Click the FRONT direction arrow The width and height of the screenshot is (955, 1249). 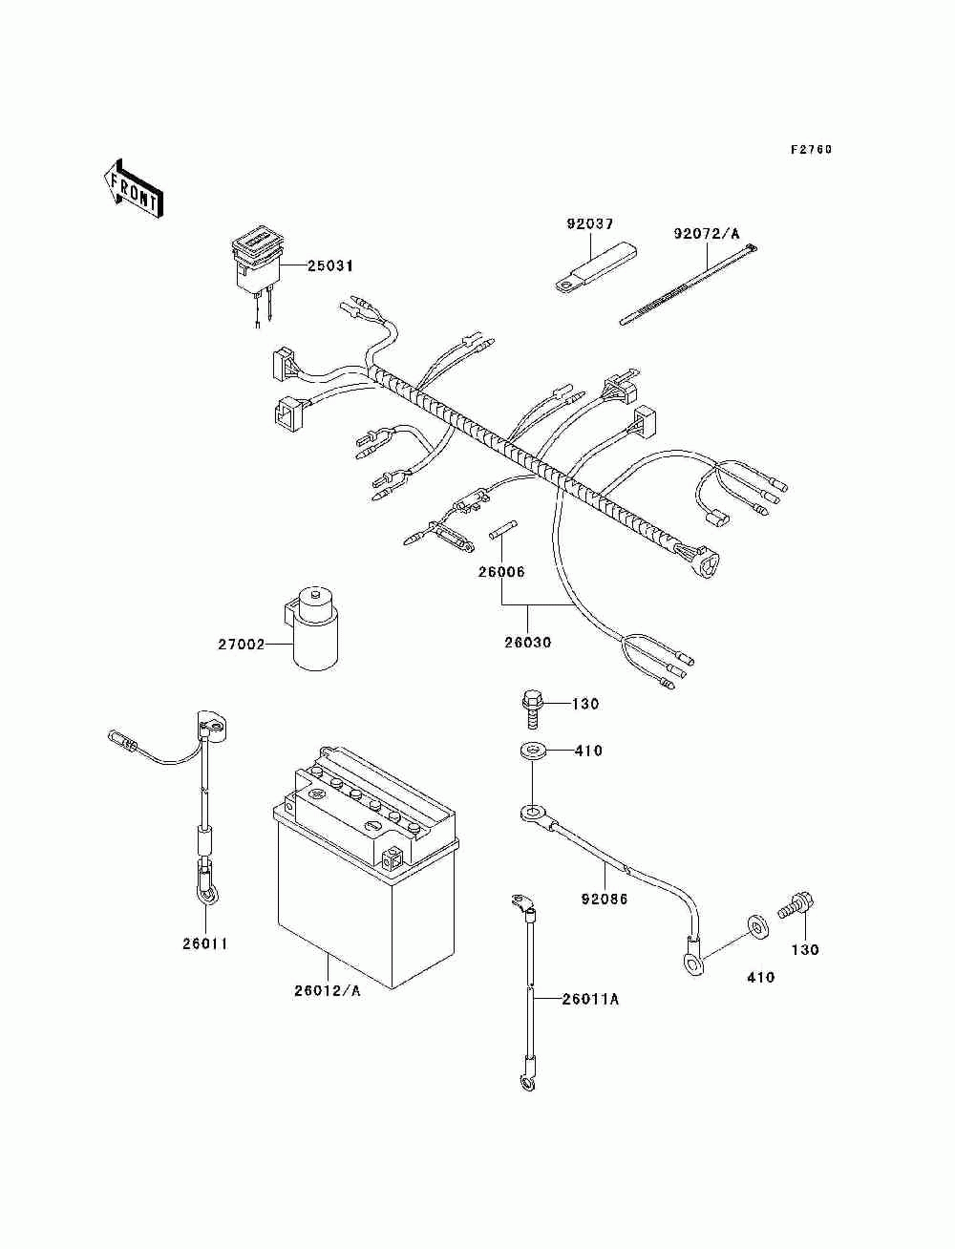134,188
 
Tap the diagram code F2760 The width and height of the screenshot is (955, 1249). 811,149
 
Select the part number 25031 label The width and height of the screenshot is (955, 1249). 330,265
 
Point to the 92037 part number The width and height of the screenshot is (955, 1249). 589,223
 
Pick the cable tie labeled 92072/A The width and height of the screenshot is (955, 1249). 690,286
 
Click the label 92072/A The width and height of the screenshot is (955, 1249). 708,233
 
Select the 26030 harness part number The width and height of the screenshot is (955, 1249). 527,643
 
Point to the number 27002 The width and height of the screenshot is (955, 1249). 242,645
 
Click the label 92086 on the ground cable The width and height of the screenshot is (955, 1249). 604,899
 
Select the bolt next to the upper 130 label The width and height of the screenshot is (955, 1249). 530,709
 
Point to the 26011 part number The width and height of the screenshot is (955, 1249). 205,943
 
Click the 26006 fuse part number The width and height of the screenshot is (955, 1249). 500,572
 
